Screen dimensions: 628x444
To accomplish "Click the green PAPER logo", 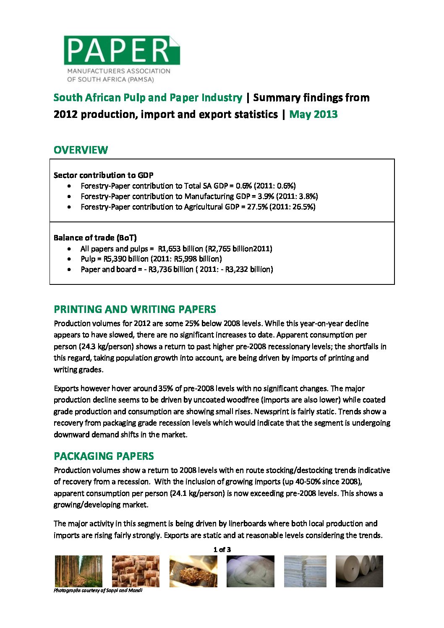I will click(x=121, y=51).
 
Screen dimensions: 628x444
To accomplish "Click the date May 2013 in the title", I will click(x=313, y=115).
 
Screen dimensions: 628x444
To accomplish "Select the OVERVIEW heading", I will click(x=81, y=150).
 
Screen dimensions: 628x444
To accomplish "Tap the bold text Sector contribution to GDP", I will click(x=103, y=175).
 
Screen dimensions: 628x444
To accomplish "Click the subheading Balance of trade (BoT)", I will click(x=95, y=238).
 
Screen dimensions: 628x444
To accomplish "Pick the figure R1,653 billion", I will click(x=180, y=249).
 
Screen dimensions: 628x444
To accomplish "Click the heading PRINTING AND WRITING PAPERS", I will click(x=135, y=310).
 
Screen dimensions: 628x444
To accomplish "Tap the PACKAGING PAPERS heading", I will click(x=104, y=456).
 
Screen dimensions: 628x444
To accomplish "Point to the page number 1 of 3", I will click(x=222, y=550).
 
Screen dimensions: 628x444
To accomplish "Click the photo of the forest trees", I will click(x=78, y=571).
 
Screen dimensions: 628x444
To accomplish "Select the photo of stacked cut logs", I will click(x=136, y=571).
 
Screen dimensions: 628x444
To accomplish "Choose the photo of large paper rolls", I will click(x=359, y=571).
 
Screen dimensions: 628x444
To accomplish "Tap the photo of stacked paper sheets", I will click(x=305, y=571).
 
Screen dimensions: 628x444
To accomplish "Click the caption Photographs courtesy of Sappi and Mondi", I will click(x=98, y=590).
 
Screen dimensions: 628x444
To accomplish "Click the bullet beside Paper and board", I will click(x=69, y=269).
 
